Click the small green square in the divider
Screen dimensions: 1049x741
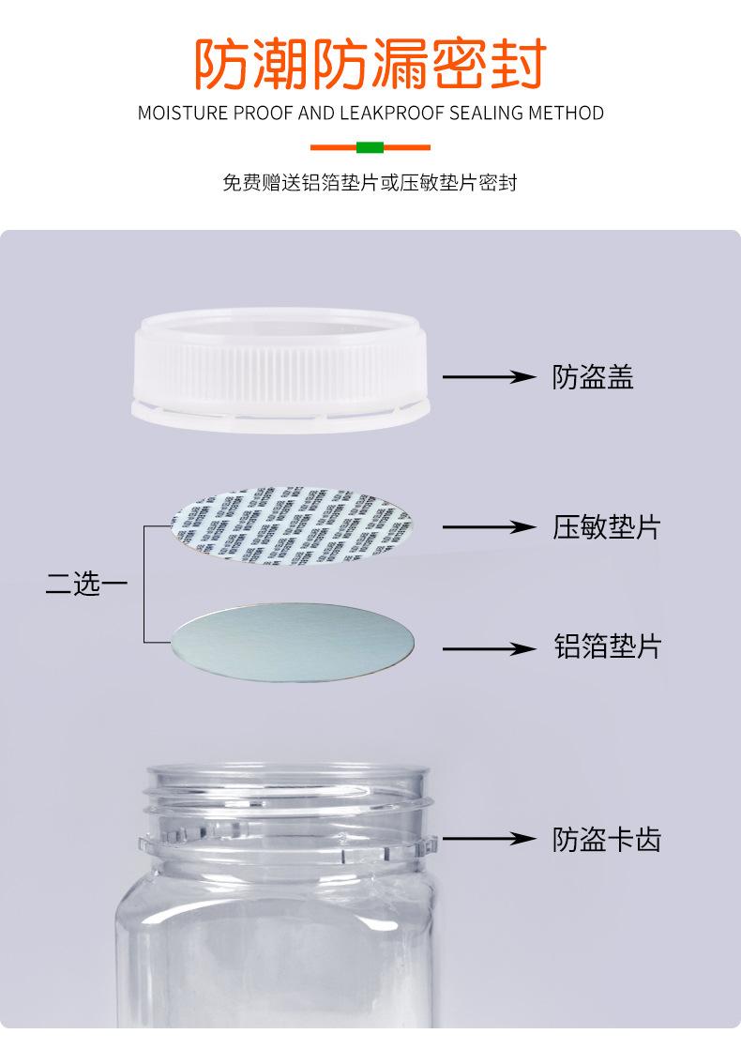pos(370,147)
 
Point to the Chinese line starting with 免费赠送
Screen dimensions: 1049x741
pos(370,182)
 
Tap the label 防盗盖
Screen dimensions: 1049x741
pos(593,377)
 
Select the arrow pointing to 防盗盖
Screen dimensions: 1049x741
pos(487,377)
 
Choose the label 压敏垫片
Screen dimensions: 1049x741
pos(606,527)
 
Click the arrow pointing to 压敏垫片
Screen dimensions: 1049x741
pos(487,527)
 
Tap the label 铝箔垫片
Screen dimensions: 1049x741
pos(606,646)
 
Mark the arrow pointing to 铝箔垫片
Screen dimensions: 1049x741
pos(487,648)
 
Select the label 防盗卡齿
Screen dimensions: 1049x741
pos(606,838)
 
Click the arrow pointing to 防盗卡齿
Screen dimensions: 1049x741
pos(487,838)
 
